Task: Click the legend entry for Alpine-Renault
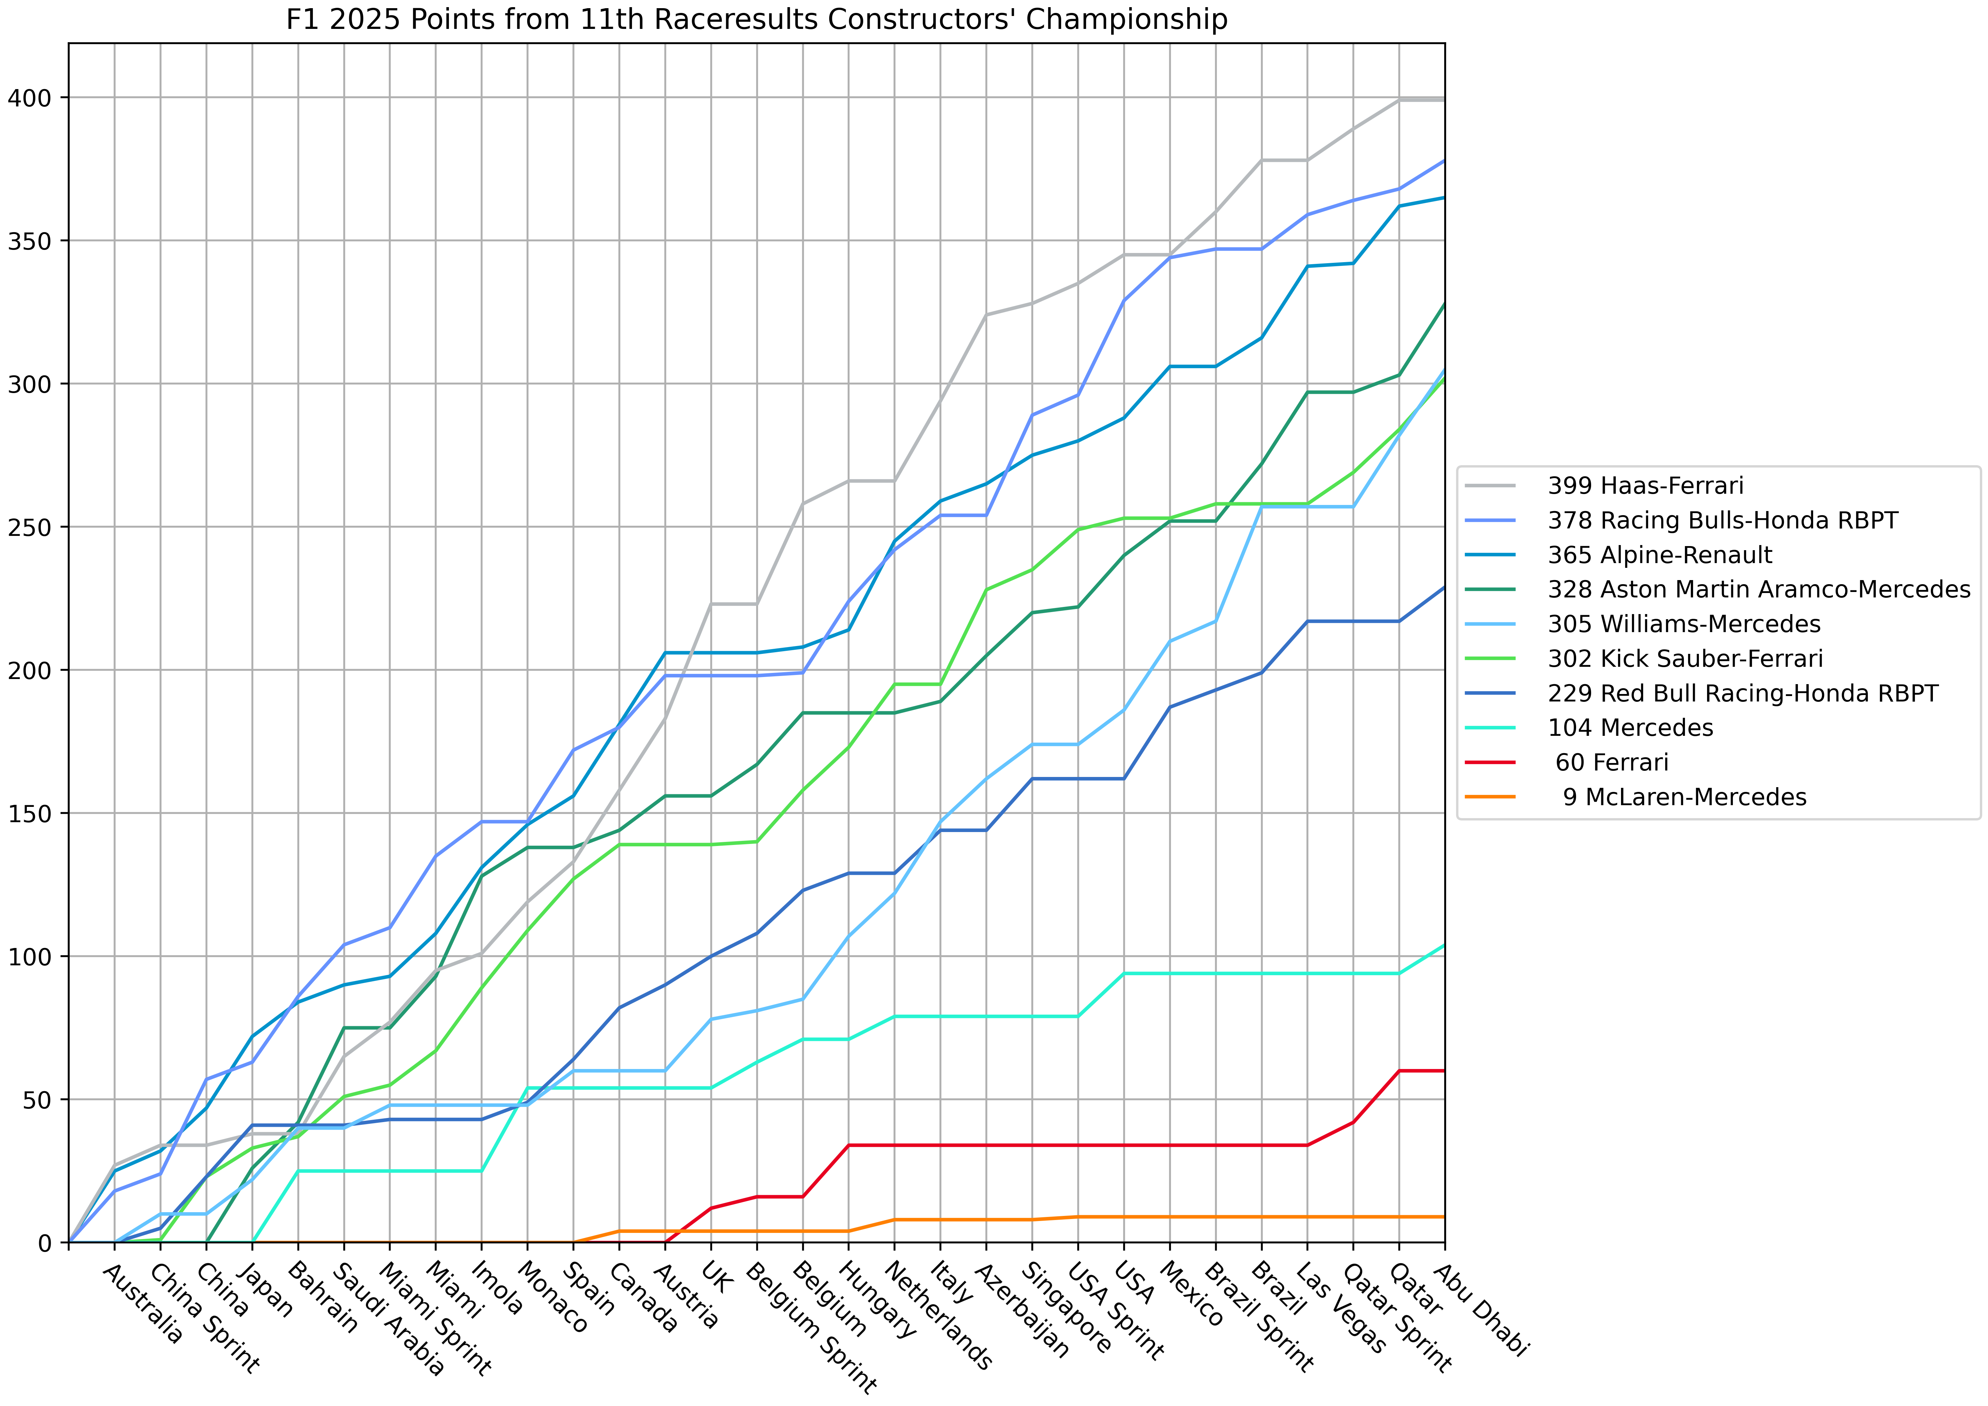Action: (1660, 555)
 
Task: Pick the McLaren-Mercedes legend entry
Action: (1684, 797)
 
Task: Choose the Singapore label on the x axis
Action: (1067, 1307)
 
